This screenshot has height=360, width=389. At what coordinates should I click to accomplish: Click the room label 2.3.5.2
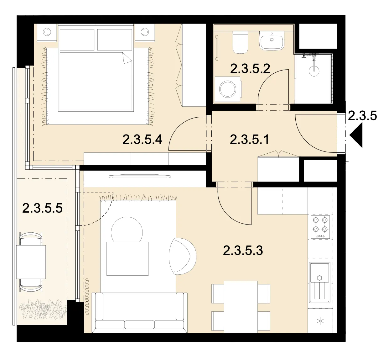tap(250, 69)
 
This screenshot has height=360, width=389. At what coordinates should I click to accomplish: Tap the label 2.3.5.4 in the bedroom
tap(143, 140)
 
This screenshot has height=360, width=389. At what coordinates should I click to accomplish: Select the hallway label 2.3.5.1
tap(249, 140)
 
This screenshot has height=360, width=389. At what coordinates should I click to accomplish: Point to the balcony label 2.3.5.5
tap(42, 208)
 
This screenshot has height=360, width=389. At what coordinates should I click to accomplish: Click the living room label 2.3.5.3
tap(243, 251)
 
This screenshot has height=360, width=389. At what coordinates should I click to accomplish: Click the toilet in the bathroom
tap(240, 42)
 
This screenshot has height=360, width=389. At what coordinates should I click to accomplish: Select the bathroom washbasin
tap(272, 41)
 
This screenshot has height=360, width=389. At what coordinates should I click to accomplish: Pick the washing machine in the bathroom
tap(228, 89)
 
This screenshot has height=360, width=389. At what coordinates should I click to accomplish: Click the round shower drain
tap(314, 71)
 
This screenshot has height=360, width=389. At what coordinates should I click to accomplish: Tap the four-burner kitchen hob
tap(320, 227)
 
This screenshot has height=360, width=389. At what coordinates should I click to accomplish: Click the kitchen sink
tap(320, 283)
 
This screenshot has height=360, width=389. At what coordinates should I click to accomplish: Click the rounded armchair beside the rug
tap(183, 256)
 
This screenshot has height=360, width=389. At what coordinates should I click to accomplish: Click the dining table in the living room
tap(241, 307)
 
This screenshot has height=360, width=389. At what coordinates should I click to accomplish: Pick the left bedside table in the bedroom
tap(47, 32)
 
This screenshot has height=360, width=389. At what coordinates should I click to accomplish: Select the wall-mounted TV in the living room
tap(139, 177)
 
